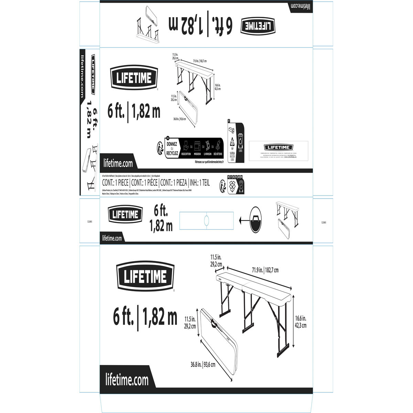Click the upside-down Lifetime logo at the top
tap(259, 26)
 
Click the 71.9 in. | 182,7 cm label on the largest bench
tap(265, 270)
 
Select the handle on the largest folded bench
tap(214, 323)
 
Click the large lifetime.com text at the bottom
tap(127, 380)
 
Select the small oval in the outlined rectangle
tap(207, 219)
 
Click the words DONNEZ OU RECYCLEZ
tap(172, 149)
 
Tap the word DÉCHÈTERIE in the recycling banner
tap(218, 154)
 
